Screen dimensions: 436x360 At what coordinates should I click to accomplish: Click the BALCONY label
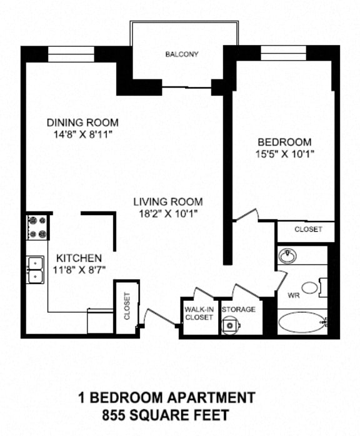click(182, 54)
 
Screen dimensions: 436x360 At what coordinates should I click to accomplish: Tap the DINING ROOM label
click(82, 123)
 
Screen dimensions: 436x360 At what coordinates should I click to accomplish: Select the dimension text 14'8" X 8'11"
click(82, 134)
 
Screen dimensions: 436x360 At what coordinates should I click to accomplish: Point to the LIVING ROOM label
click(167, 201)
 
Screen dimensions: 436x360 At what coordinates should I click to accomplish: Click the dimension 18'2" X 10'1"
click(167, 213)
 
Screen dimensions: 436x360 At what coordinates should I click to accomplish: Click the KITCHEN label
click(79, 258)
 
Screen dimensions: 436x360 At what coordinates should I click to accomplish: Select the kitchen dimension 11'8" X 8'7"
click(79, 270)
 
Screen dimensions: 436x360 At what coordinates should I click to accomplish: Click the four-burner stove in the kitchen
click(37, 227)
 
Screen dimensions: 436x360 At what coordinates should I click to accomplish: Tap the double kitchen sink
click(35, 270)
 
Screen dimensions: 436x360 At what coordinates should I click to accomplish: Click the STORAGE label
click(238, 310)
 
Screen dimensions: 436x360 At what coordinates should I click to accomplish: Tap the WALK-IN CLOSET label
click(199, 313)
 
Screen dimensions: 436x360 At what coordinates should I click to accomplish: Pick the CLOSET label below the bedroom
click(308, 230)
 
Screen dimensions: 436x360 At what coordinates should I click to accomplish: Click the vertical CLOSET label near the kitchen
click(127, 307)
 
